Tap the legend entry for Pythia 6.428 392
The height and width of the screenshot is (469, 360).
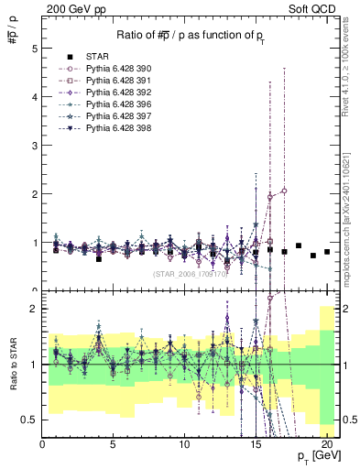[110, 93]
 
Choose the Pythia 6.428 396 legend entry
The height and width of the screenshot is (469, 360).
[110, 104]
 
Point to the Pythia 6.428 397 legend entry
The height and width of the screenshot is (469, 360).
[110, 116]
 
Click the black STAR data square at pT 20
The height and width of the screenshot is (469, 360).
[327, 252]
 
